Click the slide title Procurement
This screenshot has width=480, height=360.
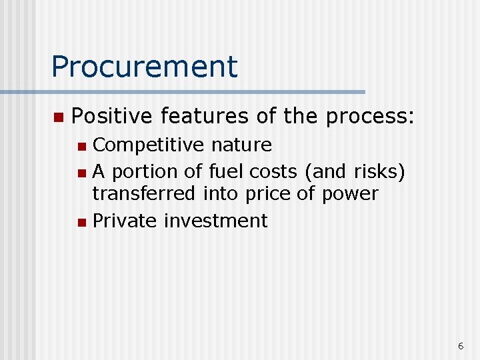[144, 67]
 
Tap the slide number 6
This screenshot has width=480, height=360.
[461, 345]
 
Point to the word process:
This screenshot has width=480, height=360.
[371, 118]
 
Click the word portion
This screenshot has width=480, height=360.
[144, 172]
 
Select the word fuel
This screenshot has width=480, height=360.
[227, 172]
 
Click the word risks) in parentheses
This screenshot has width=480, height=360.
[380, 172]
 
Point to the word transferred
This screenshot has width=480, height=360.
[143, 194]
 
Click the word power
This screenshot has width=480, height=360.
[351, 194]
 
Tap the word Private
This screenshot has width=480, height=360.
[125, 221]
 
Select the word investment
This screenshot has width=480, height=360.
[215, 221]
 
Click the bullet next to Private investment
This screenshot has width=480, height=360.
[81, 222]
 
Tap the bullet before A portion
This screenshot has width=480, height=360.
[81, 173]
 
